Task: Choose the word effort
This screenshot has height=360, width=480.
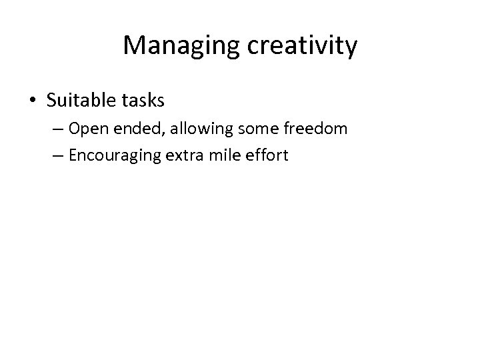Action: [267, 156]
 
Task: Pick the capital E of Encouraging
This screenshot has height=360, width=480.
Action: [72, 156]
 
